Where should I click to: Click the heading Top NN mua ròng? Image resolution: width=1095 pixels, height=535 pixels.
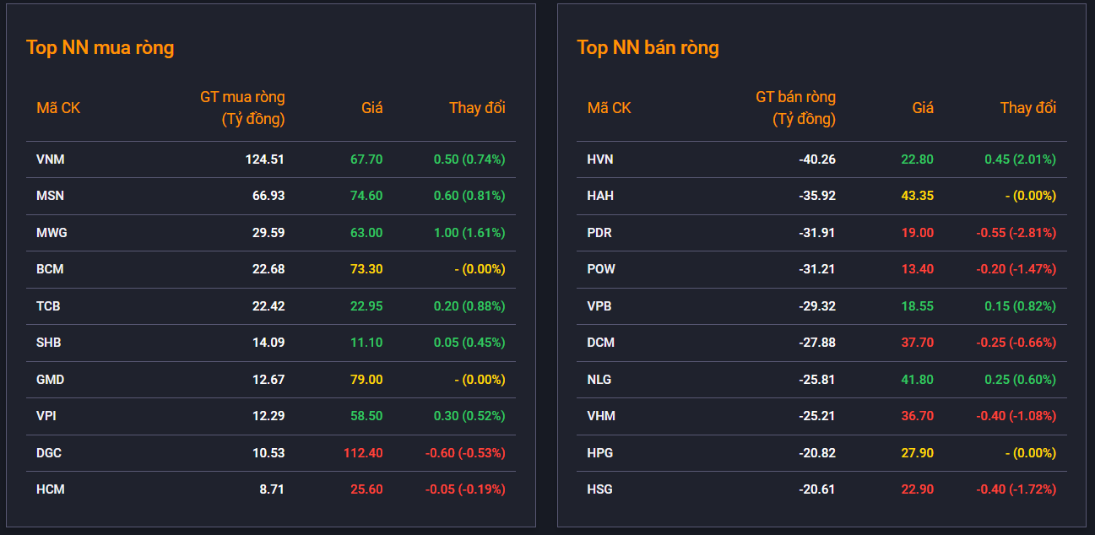[100, 48]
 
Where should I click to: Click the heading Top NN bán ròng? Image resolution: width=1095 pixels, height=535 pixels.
[648, 48]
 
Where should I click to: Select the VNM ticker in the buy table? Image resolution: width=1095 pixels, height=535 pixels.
[51, 159]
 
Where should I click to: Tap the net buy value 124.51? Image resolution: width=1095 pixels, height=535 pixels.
[264, 159]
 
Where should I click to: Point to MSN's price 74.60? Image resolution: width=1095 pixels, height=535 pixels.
[366, 196]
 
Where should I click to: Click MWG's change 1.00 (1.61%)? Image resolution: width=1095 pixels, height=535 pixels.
[469, 233]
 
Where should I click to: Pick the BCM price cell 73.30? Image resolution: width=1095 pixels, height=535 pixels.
[366, 269]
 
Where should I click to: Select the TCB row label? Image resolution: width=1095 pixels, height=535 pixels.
[48, 305]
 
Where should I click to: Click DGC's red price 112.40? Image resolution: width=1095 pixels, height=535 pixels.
[363, 453]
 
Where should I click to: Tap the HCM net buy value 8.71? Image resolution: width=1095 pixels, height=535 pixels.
[272, 489]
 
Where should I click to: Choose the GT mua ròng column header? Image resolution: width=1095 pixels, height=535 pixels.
[242, 108]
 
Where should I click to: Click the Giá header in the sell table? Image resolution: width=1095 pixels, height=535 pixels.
[923, 108]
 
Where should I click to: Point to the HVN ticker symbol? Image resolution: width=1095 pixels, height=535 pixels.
[599, 159]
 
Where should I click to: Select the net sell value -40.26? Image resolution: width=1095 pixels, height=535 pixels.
[817, 159]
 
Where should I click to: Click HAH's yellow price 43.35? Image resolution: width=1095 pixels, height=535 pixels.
[917, 196]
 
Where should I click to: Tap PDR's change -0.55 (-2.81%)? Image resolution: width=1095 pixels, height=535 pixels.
[1016, 233]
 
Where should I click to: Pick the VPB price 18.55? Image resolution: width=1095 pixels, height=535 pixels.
[917, 305]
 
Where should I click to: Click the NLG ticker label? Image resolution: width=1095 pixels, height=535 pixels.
[599, 380]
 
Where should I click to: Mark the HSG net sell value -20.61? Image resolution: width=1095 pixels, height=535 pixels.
[817, 489]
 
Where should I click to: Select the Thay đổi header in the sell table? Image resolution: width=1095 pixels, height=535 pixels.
[1028, 108]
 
